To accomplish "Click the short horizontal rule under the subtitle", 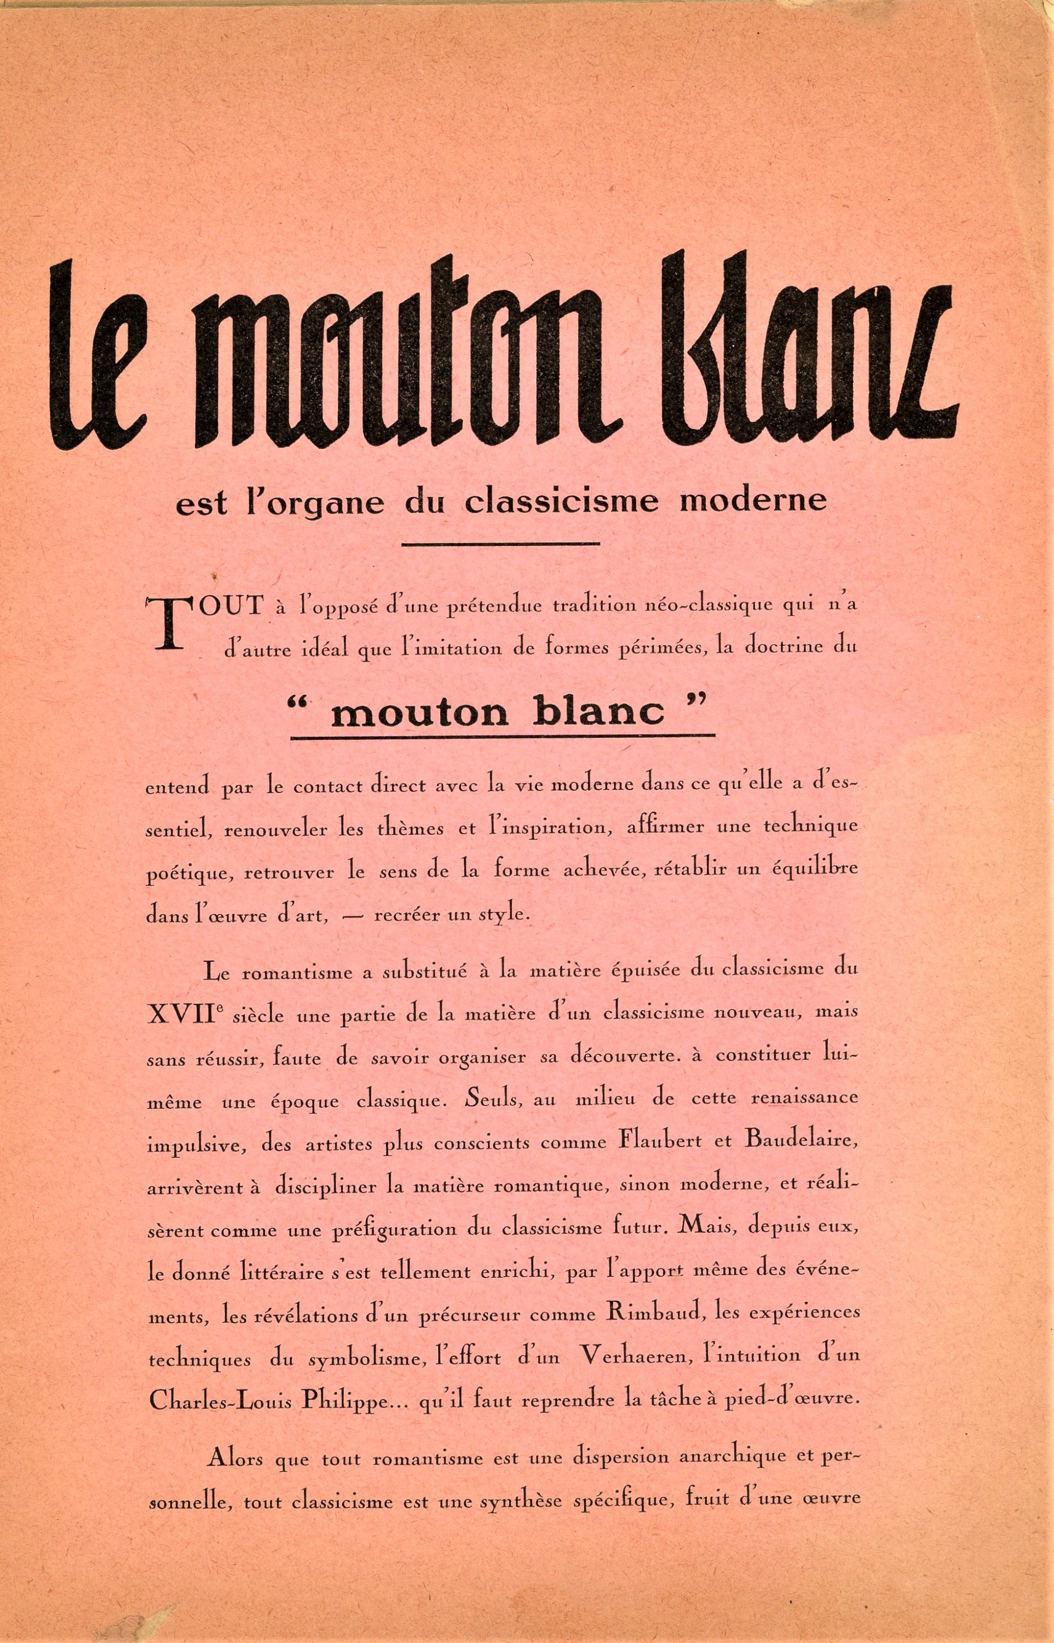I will (x=500, y=544).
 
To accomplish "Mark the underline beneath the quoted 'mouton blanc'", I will (x=503, y=737).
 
